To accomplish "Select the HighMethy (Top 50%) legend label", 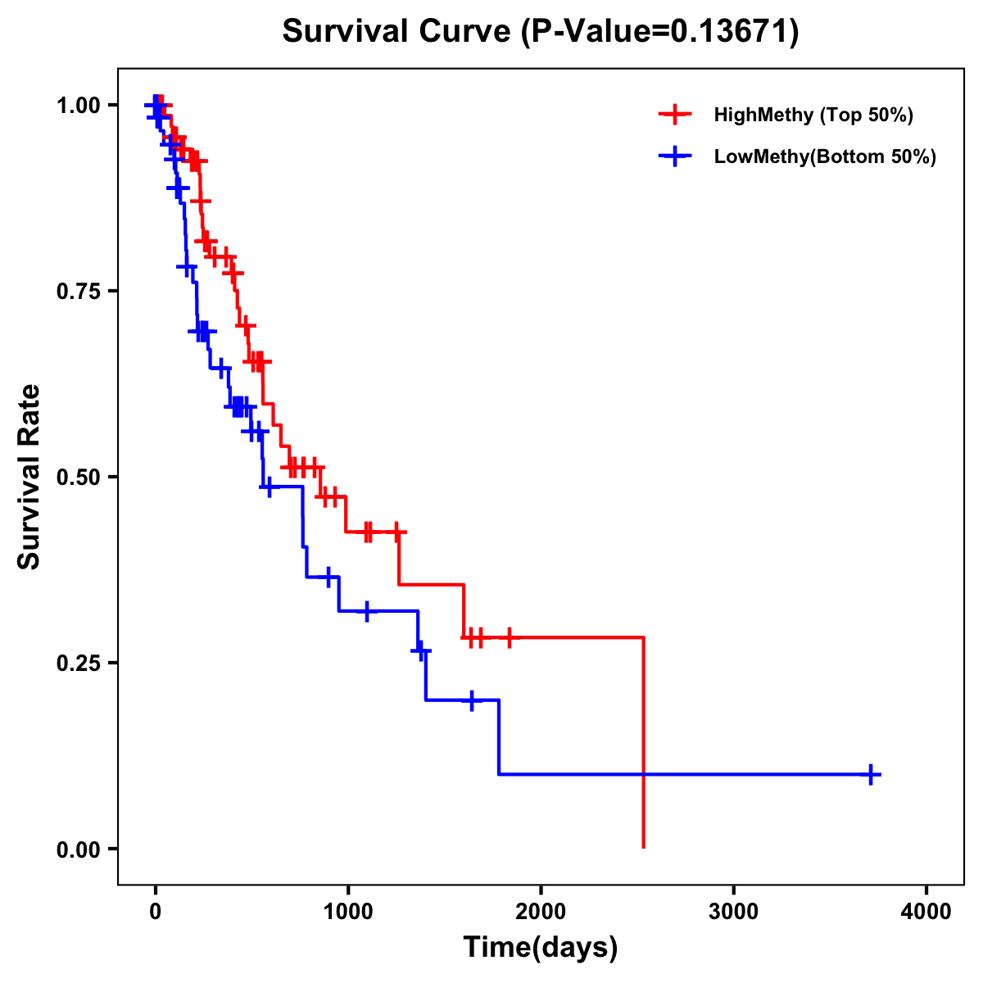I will click(813, 115).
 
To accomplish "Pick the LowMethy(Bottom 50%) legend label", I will click(825, 156).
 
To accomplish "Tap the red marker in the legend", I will click(675, 115).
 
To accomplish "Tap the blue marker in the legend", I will click(675, 156).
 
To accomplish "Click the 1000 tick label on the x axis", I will click(347, 910).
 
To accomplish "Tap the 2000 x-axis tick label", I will click(541, 910).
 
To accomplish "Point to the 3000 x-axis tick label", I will click(733, 910).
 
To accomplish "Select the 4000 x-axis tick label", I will click(926, 910).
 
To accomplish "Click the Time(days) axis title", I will click(541, 948).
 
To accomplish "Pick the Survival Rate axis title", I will click(29, 477).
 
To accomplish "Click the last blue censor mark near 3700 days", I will click(872, 774).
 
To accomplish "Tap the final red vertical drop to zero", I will click(644, 741).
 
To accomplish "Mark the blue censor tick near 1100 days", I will click(367, 611).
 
